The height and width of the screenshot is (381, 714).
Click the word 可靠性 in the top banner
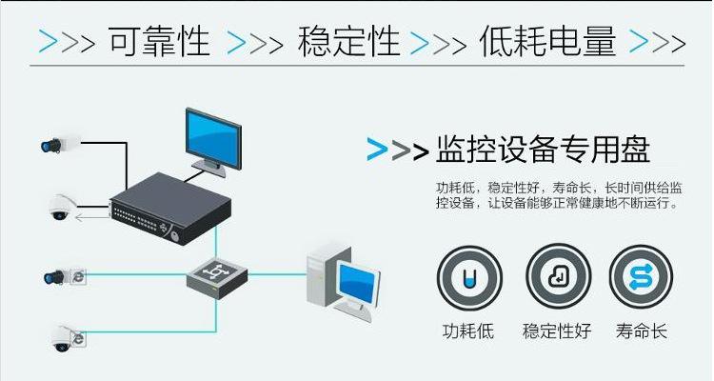click(x=159, y=43)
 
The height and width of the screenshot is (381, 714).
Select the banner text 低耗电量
click(x=548, y=43)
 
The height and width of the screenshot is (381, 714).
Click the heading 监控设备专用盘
click(x=543, y=150)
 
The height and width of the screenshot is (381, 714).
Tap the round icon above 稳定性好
click(x=558, y=276)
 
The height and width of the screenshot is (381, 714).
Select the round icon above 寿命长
click(x=641, y=276)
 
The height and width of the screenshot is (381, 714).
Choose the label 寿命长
click(x=641, y=331)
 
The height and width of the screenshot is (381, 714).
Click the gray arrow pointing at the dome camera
click(x=93, y=217)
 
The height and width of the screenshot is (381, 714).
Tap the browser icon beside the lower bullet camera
click(x=80, y=275)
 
